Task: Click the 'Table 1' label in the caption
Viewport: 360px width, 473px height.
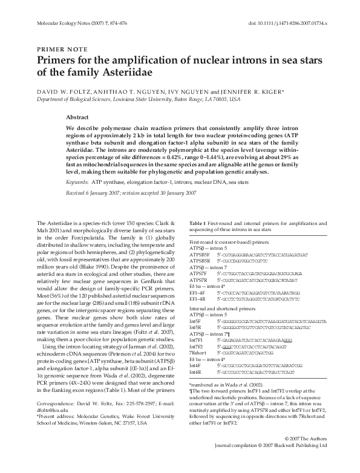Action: [x=198, y=224]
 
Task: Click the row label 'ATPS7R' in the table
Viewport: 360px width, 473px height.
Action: [x=198, y=281]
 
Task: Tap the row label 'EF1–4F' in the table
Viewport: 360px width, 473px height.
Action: [x=198, y=293]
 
